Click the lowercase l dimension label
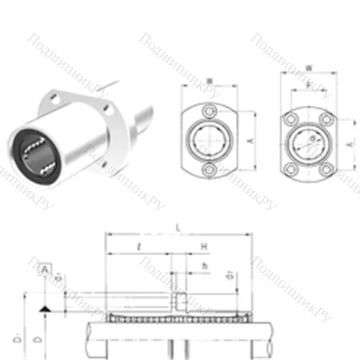click(137, 247)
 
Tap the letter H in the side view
click(204, 246)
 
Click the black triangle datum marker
click(45, 308)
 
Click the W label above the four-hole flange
click(308, 70)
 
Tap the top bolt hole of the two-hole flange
click(210, 112)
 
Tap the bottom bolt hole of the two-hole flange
click(210, 169)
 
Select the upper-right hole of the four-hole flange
click(326, 117)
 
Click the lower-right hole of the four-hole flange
click(326, 168)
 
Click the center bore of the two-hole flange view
click(210, 140)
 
